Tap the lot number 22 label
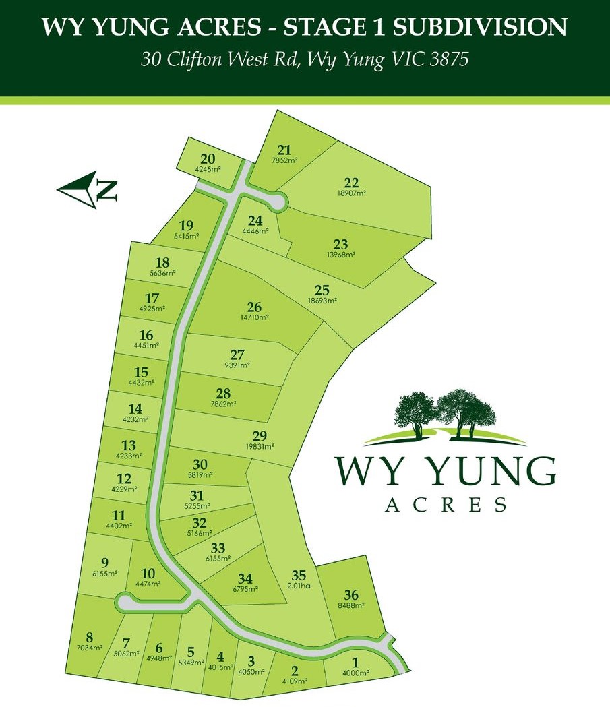(351, 183)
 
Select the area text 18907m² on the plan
(351, 193)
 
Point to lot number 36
(350, 595)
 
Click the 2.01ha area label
(299, 586)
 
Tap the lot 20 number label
(208, 159)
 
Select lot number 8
(89, 637)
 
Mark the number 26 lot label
(253, 306)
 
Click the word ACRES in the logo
(445, 504)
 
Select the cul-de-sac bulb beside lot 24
(278, 201)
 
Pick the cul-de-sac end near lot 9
(124, 601)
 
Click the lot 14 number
(135, 408)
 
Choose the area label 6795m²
(244, 589)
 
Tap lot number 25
(322, 290)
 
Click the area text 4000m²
(355, 673)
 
